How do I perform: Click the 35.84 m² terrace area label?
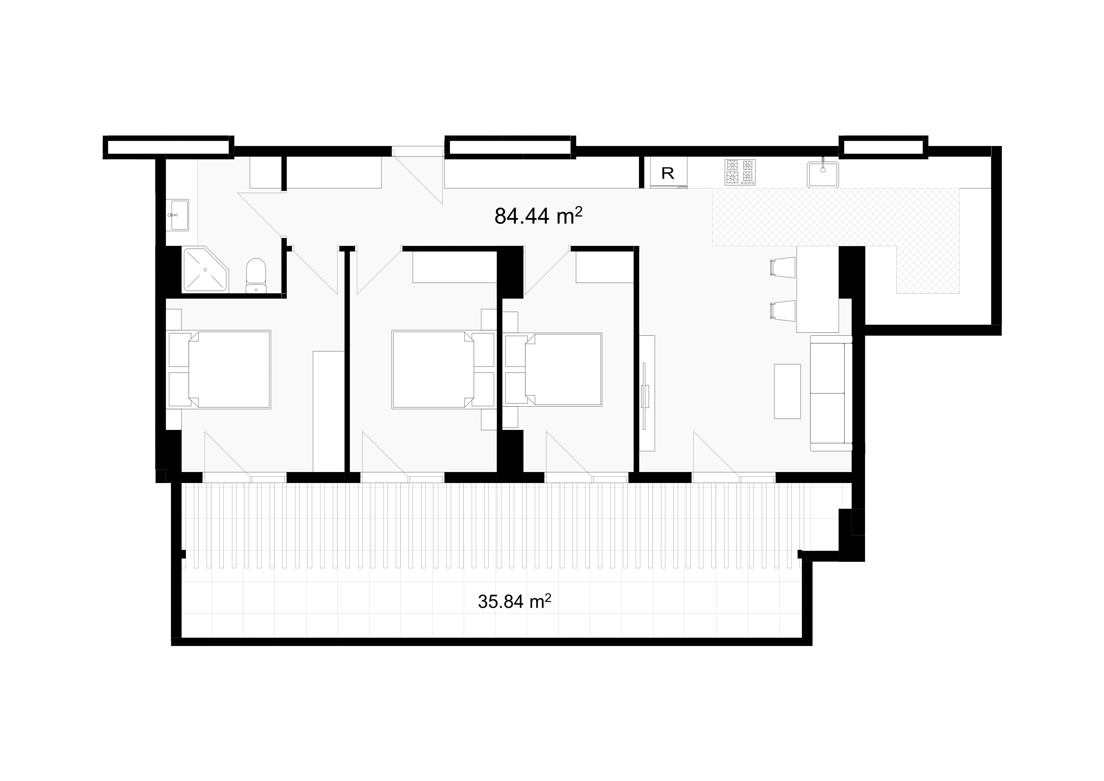click(514, 601)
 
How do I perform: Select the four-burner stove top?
click(740, 172)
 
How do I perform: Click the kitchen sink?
click(823, 174)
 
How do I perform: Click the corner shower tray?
click(205, 270)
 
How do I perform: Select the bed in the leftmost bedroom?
click(219, 369)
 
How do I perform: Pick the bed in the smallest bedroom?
click(553, 369)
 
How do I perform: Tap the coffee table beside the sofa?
click(787, 391)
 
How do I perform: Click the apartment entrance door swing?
click(417, 175)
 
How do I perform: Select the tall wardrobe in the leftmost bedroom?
click(329, 412)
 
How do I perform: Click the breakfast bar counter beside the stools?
click(818, 289)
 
